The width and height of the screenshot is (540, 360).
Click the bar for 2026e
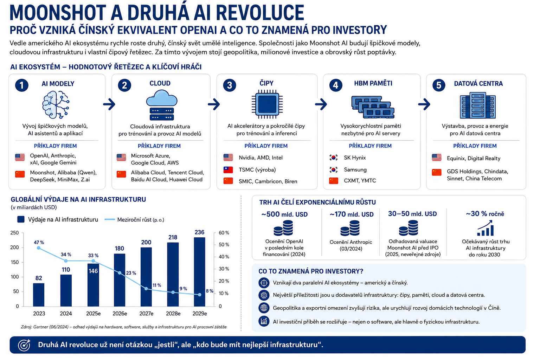click(x=120, y=280)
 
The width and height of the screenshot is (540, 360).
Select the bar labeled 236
click(x=199, y=272)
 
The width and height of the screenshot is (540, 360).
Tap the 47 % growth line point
click(x=39, y=248)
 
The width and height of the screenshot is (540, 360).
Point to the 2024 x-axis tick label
click(x=66, y=314)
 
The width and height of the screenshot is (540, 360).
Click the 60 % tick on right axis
click(x=224, y=233)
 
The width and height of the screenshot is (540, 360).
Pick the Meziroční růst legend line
click(x=110, y=219)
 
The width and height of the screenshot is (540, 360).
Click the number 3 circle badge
click(x=230, y=85)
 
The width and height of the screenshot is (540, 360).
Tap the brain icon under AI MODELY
click(x=56, y=105)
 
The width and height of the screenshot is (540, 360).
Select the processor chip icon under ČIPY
click(x=267, y=104)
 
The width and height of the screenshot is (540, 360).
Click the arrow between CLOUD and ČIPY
click(x=214, y=104)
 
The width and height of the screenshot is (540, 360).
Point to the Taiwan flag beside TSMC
click(x=228, y=170)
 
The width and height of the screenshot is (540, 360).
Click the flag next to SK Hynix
click(x=334, y=158)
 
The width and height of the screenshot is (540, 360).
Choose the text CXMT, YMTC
click(x=360, y=181)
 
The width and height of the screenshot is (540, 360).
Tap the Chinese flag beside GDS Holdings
click(x=437, y=172)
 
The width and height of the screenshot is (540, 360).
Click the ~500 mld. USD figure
click(x=284, y=214)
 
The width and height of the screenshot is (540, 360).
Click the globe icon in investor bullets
click(x=264, y=308)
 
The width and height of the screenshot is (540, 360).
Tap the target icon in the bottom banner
click(x=24, y=345)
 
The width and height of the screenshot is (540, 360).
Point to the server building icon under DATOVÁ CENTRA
click(x=477, y=105)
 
